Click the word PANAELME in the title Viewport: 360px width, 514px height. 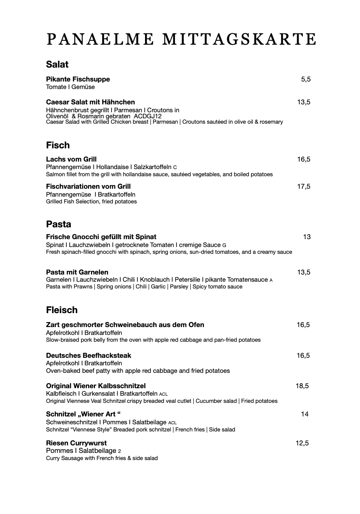100,39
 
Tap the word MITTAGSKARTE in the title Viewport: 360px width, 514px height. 239,39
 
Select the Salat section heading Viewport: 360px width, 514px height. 57,65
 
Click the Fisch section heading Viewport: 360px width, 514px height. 58,145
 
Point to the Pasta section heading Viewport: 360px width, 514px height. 59,224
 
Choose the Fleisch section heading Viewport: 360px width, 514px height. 62,310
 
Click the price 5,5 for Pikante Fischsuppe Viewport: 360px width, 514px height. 306,79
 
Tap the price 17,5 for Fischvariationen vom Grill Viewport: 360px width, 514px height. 304,186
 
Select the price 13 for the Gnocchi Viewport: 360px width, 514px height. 306,237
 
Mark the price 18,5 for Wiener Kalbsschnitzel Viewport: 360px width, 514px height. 302,386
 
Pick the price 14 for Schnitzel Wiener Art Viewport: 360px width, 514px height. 305,414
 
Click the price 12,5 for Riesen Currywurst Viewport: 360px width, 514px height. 302,443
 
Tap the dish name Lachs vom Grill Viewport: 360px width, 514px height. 71,159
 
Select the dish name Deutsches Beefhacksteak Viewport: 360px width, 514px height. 89,356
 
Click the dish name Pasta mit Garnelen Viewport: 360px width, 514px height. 77,272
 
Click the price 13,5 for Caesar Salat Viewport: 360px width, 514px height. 304,102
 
